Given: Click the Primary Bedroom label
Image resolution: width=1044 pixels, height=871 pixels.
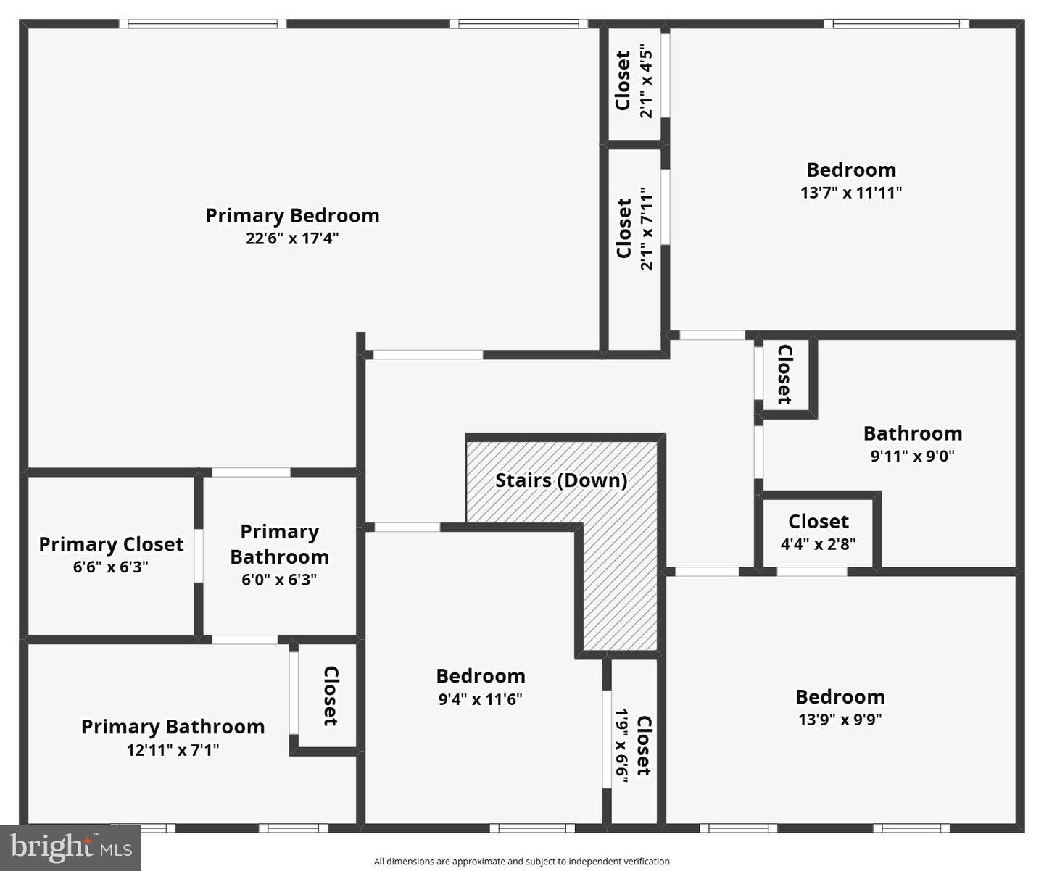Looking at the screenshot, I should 292,215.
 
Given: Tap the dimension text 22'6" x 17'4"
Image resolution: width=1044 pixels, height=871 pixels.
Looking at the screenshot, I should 292,238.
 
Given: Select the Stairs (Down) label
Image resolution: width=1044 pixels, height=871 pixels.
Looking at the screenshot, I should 561,480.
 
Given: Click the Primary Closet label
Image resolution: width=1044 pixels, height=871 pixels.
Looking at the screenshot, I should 111,544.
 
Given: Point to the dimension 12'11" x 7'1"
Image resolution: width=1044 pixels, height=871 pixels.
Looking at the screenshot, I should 173,750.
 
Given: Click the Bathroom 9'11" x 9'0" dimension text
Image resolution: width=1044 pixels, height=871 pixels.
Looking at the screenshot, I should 912,457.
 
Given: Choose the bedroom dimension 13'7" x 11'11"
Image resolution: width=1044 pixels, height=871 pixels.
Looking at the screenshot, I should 851,193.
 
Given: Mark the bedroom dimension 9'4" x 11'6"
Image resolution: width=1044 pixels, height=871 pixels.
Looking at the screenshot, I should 480,699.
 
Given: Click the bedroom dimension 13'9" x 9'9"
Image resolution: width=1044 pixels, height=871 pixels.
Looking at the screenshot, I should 840,720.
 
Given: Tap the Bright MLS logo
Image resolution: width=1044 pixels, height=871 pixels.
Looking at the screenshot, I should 70,847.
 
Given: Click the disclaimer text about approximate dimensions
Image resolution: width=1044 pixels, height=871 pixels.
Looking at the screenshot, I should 521,862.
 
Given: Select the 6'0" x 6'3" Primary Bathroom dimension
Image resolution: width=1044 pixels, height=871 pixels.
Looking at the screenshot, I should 279,580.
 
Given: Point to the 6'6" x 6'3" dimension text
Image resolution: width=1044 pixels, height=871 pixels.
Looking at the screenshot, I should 111,567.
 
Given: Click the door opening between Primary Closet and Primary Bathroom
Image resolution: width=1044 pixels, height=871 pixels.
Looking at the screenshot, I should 199,556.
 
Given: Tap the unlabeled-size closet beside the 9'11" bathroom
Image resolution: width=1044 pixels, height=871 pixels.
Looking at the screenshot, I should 784,374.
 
